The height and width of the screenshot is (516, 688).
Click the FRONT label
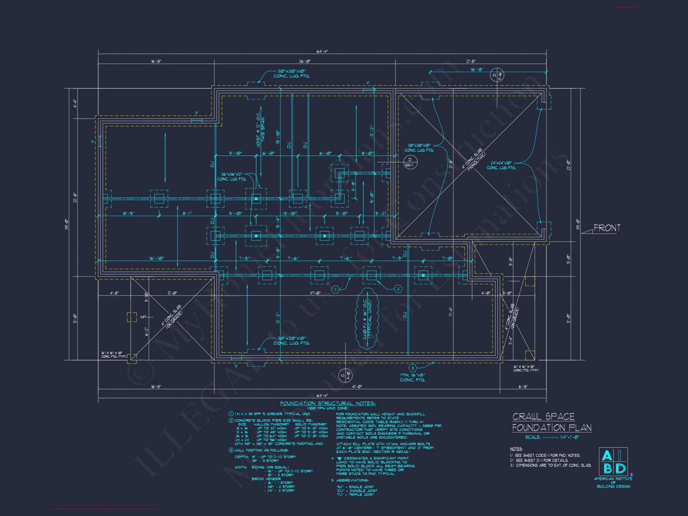click(607, 228)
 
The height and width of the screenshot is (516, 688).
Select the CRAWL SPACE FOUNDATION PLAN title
click(551, 422)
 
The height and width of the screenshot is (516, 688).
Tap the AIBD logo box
click(613, 462)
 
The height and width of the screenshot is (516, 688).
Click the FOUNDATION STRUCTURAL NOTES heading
click(327, 403)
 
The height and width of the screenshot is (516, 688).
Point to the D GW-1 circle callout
click(409, 162)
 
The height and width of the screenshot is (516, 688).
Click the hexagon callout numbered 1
click(336, 290)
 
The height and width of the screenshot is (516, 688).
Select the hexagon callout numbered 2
click(398, 289)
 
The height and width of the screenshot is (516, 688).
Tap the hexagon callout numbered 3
click(412, 368)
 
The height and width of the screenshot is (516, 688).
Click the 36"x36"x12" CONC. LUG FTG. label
click(232, 177)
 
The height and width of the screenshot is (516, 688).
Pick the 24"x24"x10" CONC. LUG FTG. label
click(501, 165)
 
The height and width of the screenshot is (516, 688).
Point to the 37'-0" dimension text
click(315, 293)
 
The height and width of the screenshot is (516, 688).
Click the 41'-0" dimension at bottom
click(357, 387)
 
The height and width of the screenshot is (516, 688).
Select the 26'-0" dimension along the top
click(304, 61)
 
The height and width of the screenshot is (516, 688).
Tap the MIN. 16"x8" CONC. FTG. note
click(412, 377)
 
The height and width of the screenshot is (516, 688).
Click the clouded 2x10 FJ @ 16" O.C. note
click(367, 319)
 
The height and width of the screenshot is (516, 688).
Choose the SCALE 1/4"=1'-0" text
click(552, 437)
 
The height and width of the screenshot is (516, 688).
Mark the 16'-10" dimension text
click(157, 258)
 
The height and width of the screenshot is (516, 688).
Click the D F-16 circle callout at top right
click(497, 75)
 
